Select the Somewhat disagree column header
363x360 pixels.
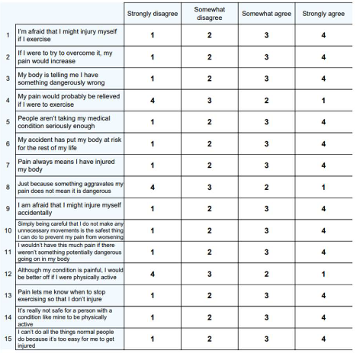tap(209, 13)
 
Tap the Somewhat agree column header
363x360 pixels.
tap(266, 13)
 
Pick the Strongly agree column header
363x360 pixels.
tap(323, 13)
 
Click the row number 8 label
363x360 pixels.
tap(7, 187)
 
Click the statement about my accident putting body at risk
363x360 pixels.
tap(69, 143)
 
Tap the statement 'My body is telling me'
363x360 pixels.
tap(69, 79)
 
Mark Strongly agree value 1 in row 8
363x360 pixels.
tap(323, 187)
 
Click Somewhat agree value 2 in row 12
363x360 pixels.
tap(266, 273)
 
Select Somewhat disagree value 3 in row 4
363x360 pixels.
tap(209, 100)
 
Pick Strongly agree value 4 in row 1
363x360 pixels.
tap(323, 35)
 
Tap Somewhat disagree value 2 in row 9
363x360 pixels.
tap(209, 208)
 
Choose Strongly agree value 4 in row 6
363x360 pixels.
tap(323, 143)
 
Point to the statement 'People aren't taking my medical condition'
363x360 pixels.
tap(69, 122)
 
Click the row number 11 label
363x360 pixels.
tap(7, 252)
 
